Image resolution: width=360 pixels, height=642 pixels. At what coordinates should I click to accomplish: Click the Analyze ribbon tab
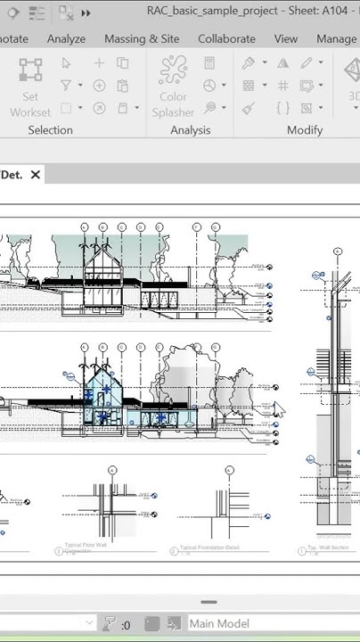point(66,39)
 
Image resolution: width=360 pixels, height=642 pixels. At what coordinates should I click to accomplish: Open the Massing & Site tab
point(142,39)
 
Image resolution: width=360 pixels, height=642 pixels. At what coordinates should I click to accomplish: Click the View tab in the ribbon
point(285,39)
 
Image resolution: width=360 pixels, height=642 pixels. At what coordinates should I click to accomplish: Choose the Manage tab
point(336,39)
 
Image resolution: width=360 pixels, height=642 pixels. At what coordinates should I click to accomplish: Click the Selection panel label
point(50,130)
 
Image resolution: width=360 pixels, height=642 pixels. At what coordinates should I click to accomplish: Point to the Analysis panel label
point(190,130)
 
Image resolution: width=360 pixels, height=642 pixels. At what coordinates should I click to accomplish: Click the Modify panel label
point(304,130)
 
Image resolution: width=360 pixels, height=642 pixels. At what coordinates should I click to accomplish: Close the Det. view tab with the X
point(36,175)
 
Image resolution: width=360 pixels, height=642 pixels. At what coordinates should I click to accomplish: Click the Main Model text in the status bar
point(219,624)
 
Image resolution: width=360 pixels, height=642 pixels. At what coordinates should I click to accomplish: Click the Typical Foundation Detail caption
point(209,548)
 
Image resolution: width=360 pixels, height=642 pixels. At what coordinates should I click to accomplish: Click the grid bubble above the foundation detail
point(229,470)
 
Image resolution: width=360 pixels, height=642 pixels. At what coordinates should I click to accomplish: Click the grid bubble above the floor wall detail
point(112,470)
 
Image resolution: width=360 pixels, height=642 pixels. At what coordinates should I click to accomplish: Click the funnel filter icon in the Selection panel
point(66,86)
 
